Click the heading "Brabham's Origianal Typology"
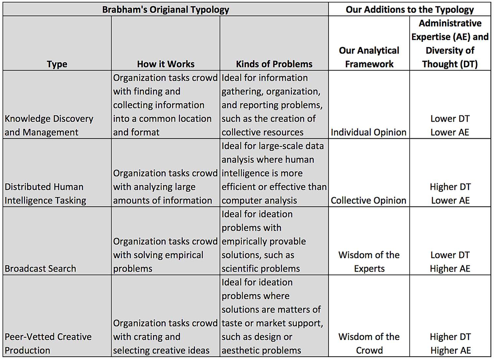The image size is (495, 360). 166,9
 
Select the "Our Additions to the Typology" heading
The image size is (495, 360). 410,9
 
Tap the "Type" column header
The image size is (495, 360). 57,64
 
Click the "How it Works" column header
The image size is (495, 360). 166,64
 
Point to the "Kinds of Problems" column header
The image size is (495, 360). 274,64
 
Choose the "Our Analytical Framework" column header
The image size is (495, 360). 369,57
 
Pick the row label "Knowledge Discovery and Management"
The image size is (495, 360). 49,125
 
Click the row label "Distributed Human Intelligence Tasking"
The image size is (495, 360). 45,194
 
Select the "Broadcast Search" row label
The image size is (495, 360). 40,269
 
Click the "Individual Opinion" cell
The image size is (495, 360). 369,132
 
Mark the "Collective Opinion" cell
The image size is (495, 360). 369,200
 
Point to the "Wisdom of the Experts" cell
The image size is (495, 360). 369,262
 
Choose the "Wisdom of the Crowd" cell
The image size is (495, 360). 369,344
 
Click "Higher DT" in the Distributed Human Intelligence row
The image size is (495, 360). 450,187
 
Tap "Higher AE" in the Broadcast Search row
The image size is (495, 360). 450,269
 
